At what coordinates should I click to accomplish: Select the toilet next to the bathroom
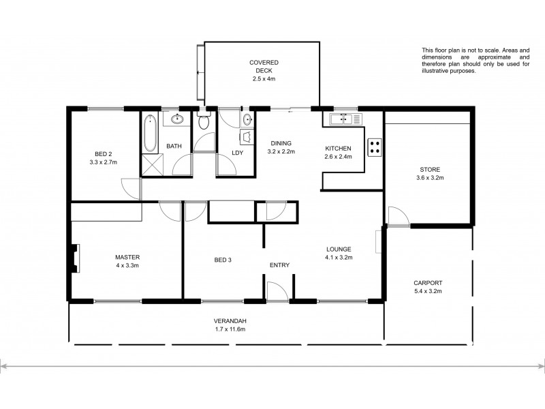point(202,122)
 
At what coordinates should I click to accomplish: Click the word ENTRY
point(279,265)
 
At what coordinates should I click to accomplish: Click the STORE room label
point(430,170)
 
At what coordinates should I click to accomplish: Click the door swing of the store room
point(397,217)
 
